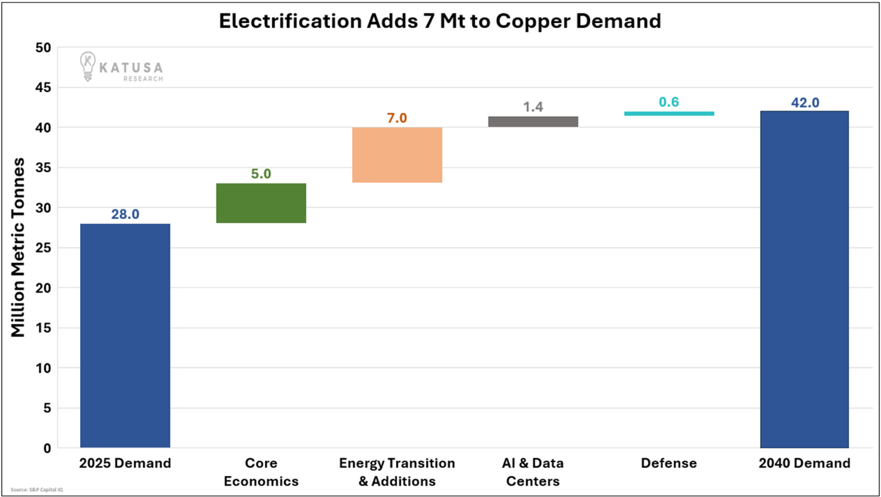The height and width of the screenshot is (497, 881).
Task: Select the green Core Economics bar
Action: (261, 203)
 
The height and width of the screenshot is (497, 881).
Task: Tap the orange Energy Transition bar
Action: (397, 155)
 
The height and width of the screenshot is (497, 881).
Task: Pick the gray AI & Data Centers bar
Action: (533, 121)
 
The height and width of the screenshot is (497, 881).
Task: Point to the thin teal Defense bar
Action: (669, 114)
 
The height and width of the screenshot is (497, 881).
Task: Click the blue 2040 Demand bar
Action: (804, 279)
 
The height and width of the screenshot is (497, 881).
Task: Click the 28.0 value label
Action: (125, 215)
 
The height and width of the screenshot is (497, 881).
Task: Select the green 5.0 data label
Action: (261, 174)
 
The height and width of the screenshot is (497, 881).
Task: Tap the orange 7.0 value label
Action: (397, 118)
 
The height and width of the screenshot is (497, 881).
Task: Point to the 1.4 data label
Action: (533, 107)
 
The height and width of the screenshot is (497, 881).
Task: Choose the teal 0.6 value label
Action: (669, 102)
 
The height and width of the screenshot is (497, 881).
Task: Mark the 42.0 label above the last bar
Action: (805, 102)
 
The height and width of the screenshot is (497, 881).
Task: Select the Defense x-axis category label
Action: (669, 463)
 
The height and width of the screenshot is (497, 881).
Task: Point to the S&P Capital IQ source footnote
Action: (37, 490)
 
